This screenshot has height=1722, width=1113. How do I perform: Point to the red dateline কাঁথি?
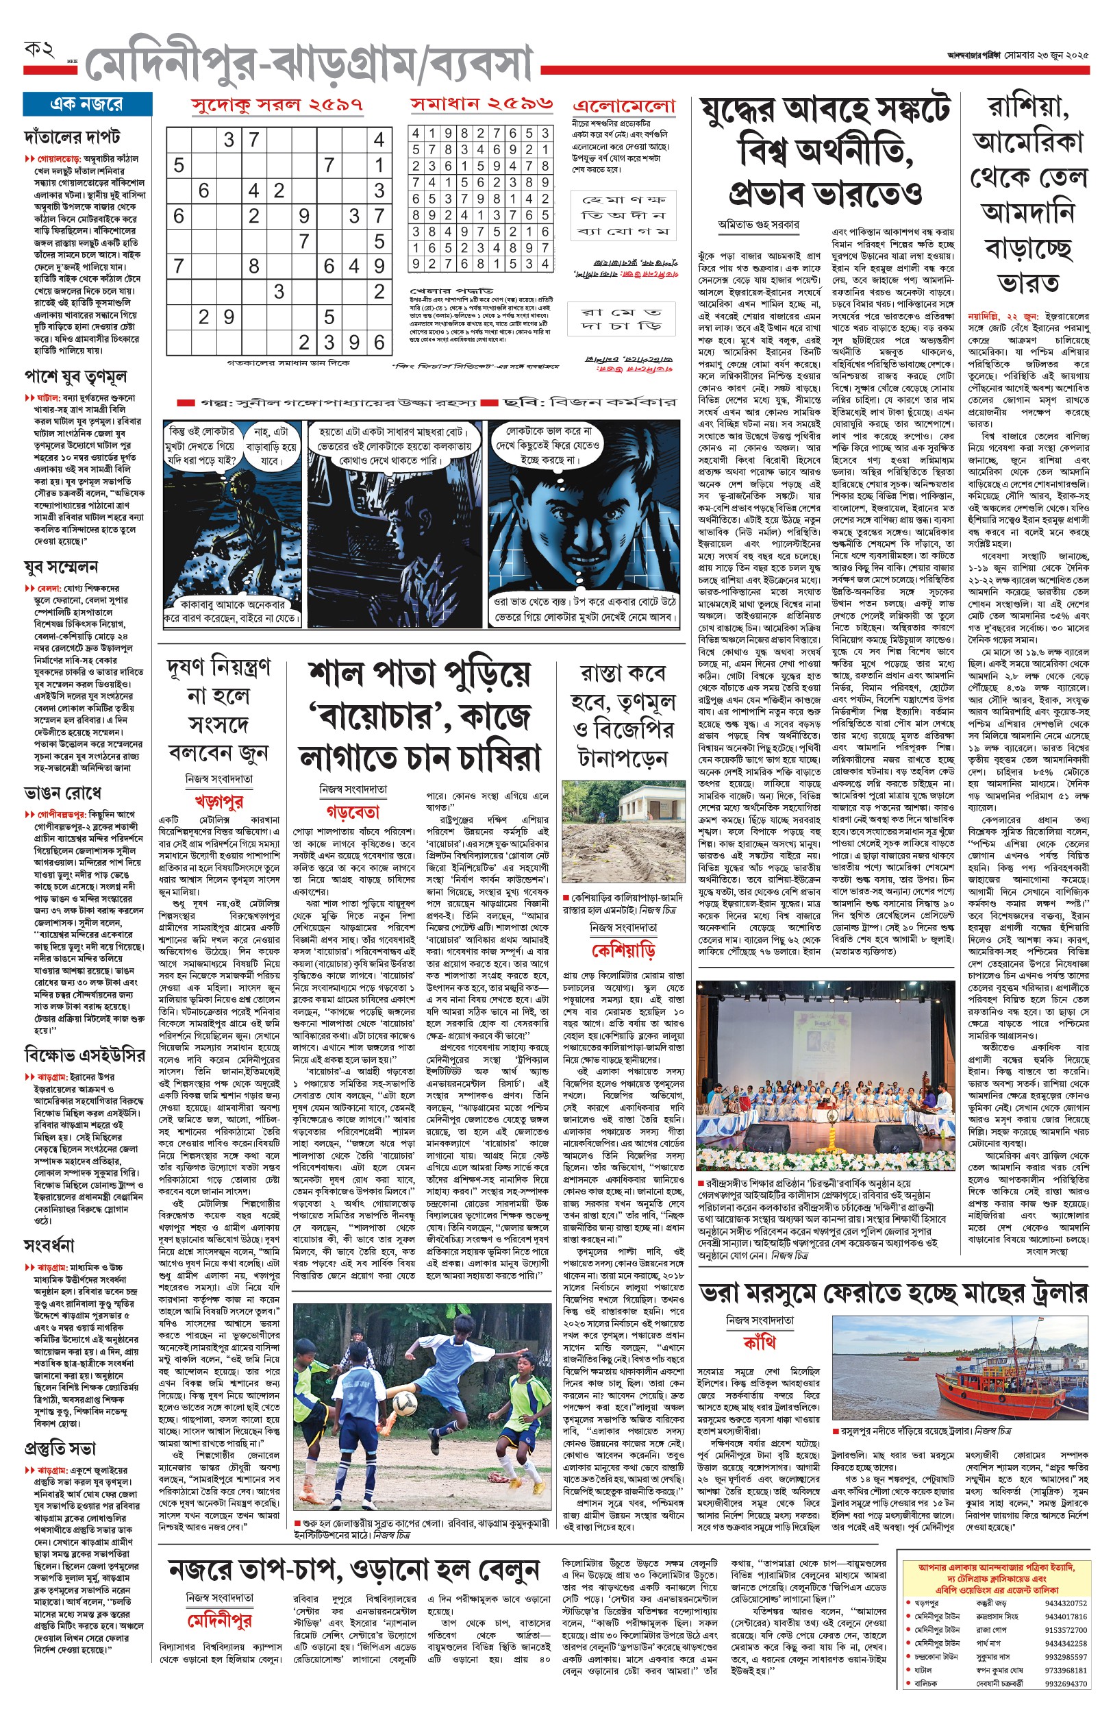point(759,1342)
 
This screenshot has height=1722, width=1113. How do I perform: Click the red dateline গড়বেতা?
point(353,811)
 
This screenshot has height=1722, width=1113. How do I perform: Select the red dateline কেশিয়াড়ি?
point(623,949)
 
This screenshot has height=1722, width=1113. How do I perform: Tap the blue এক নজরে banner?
point(88,104)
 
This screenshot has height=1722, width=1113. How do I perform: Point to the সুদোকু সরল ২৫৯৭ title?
point(277,104)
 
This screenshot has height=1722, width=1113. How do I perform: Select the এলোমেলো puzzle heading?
point(624,106)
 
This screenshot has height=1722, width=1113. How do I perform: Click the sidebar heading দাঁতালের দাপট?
point(71,136)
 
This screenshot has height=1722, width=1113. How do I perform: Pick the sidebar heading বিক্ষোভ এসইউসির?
point(84,1055)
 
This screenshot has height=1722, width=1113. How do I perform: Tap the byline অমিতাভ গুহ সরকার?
point(758,225)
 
